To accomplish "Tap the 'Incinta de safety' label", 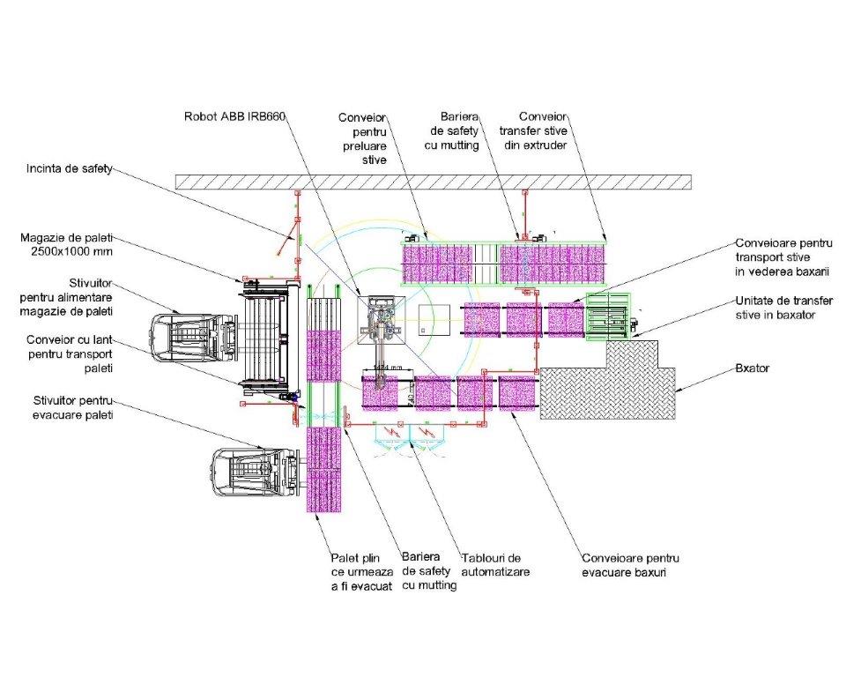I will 70,168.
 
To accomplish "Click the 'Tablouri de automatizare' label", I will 496,564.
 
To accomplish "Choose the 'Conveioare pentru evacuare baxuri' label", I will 630,565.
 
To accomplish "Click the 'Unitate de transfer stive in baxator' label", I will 783,308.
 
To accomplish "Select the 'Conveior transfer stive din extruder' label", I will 543,130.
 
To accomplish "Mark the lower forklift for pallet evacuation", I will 252,473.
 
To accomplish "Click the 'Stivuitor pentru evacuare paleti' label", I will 69,407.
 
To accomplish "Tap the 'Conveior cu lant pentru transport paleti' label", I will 70,353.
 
